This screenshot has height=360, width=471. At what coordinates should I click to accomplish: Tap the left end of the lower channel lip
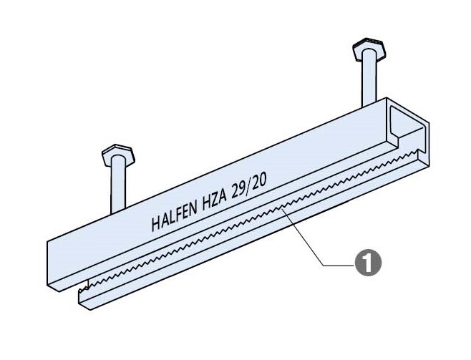point(83,301)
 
